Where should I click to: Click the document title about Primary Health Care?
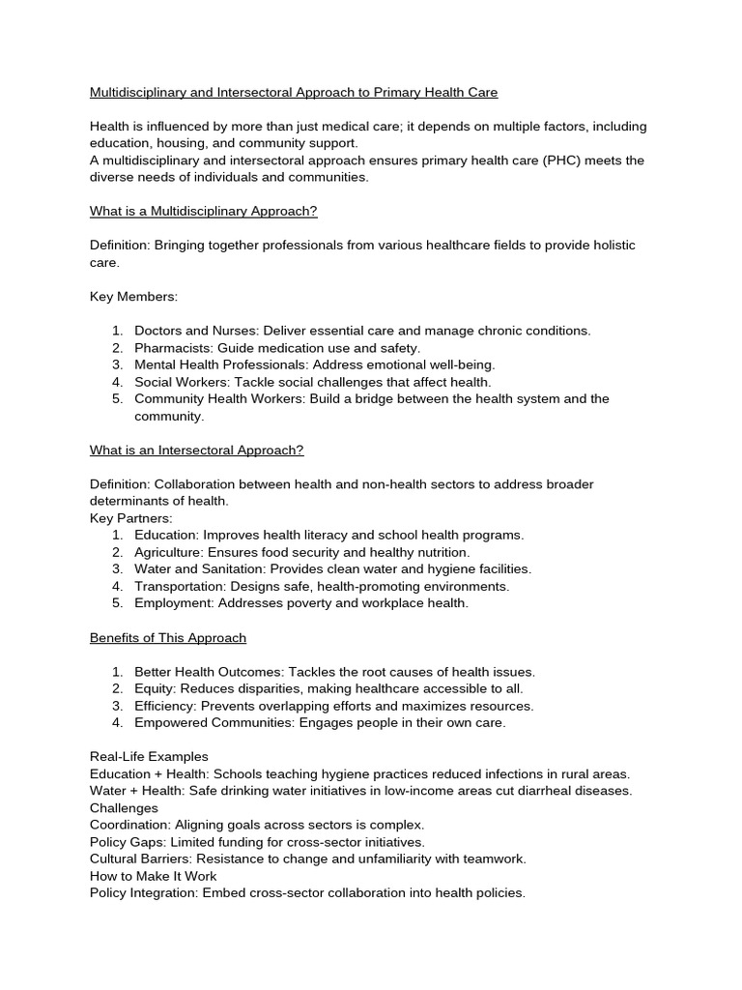coord(294,93)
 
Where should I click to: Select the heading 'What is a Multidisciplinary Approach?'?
coord(203,212)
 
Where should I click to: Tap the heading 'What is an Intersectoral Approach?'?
coord(196,450)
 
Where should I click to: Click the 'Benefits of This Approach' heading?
coord(168,638)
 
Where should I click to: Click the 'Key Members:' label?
coord(133,297)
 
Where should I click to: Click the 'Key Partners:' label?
coord(130,518)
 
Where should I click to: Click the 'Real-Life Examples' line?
coord(149,757)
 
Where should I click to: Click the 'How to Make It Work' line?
coord(154,876)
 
